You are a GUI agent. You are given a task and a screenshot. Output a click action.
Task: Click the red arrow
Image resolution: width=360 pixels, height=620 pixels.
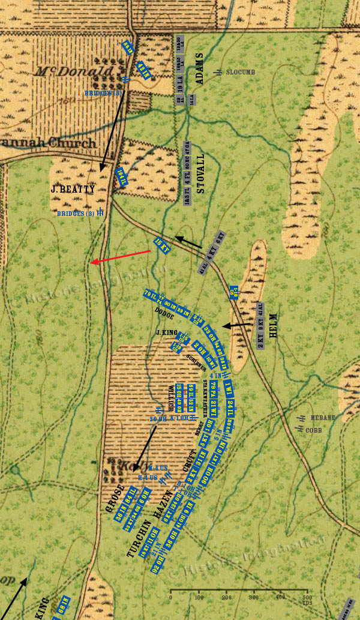click(120, 257)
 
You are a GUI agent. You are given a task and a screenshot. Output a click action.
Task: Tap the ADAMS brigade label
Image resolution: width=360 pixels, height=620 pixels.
click(199, 68)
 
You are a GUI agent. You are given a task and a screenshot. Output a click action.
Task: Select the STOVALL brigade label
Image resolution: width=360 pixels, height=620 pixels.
click(201, 173)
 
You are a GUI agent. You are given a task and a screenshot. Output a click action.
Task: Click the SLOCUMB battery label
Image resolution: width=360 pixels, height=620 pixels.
click(241, 72)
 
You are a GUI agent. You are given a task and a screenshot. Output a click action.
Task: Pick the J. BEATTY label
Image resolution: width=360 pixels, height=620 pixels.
click(72, 190)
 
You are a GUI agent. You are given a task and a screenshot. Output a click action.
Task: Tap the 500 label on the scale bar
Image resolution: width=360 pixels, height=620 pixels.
click(307, 598)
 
